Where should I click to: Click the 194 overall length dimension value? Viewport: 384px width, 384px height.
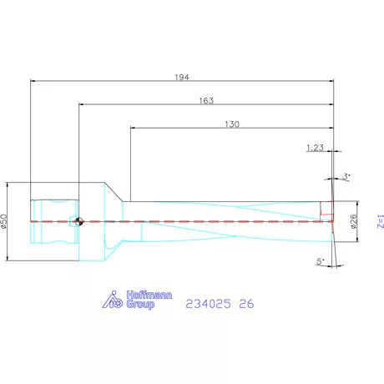pos(183,77)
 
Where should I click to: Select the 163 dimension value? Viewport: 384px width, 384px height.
pos(206,100)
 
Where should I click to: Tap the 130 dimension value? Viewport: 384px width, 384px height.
pos(232,124)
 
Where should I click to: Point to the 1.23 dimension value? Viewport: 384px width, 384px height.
pos(316,148)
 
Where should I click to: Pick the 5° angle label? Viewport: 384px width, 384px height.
pos(321,262)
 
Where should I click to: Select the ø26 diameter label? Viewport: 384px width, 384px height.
pos(353,221)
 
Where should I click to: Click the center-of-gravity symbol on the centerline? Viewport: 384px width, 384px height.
pos(78,221)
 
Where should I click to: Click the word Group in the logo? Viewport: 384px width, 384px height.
pos(139,305)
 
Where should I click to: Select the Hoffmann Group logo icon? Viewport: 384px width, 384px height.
pos(115,300)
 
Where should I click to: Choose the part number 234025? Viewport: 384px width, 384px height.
pos(207,305)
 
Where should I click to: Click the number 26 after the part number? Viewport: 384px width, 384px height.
pos(245,305)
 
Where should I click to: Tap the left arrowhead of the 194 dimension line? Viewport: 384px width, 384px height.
pos(33,81)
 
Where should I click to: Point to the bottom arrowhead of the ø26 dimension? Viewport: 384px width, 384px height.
pos(358,240)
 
